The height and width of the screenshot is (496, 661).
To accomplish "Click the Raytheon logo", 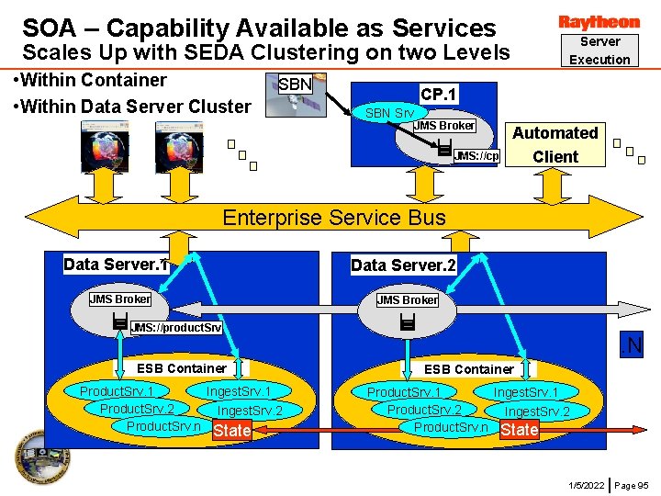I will (599, 21).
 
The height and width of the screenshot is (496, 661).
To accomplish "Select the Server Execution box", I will (599, 51).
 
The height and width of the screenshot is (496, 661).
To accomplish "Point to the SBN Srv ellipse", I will (389, 113).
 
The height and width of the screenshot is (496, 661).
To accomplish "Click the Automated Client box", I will (555, 144).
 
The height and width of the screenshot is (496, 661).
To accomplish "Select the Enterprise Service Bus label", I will (334, 218).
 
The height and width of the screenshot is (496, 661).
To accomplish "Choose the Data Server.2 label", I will (403, 265).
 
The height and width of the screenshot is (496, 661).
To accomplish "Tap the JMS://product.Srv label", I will (175, 328).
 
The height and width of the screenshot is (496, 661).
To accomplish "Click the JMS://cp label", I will (476, 156).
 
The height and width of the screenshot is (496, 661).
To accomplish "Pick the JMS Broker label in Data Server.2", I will (408, 299).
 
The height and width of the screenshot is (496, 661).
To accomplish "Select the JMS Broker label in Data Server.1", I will (120, 299).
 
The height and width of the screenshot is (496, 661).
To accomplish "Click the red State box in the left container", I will (231, 431).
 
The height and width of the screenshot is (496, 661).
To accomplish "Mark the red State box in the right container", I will (520, 429).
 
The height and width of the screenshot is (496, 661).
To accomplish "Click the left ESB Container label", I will (181, 368).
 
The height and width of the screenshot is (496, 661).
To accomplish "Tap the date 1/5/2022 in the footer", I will (586, 484).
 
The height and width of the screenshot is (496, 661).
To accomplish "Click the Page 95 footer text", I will (631, 484).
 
